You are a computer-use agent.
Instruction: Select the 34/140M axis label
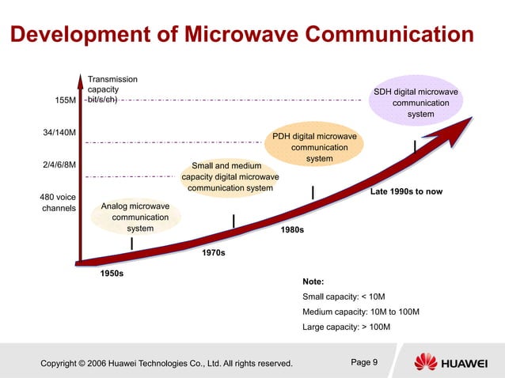[59, 132]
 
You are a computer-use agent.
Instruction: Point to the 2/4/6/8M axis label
[59, 165]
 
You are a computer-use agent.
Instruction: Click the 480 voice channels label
[58, 202]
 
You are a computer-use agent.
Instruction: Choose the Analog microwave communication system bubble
[135, 217]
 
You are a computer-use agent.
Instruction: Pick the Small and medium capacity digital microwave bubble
[230, 177]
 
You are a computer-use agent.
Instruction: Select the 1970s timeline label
[214, 252]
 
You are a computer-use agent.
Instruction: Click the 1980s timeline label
[292, 230]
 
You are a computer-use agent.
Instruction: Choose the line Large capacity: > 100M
[346, 327]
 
